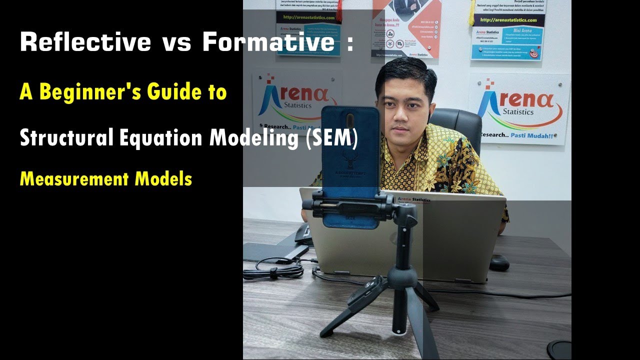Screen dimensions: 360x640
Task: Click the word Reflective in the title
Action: click(x=85, y=43)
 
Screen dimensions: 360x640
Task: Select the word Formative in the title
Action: click(x=268, y=43)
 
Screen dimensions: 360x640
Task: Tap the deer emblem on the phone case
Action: click(x=350, y=160)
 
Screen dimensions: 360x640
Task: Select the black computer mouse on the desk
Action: click(x=498, y=262)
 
